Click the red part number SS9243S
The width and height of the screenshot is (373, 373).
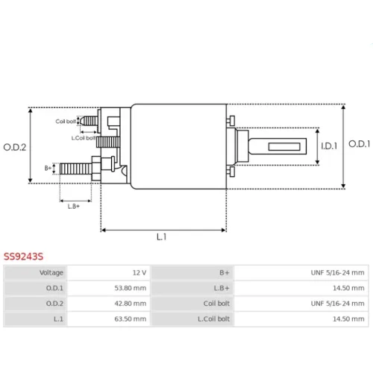(x=23, y=256)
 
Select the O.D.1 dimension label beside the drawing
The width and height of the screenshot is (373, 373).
(x=360, y=144)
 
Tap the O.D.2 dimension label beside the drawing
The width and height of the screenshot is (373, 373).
(x=15, y=147)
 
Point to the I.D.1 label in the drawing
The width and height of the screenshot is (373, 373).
(x=329, y=146)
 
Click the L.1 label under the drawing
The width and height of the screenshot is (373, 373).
(x=162, y=237)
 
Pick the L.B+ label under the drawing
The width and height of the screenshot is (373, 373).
(x=74, y=206)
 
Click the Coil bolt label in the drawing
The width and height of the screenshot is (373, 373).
(x=66, y=122)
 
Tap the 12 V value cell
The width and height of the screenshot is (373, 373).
(x=109, y=273)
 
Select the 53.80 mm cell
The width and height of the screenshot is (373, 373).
(x=109, y=288)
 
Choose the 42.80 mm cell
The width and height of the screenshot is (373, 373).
(x=109, y=304)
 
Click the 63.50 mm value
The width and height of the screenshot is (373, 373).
(x=131, y=319)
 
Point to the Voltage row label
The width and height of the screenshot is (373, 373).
(x=51, y=273)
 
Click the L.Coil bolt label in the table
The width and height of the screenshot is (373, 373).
(x=213, y=319)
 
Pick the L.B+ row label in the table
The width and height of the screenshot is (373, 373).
(x=222, y=288)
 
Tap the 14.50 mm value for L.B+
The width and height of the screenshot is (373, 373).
(x=348, y=288)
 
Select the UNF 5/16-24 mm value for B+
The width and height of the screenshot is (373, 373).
(x=337, y=273)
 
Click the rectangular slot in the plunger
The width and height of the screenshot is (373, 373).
(x=284, y=146)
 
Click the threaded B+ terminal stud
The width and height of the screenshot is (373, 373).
(x=76, y=169)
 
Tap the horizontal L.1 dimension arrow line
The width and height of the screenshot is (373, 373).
(x=163, y=230)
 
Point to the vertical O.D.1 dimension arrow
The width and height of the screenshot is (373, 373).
(x=343, y=146)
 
